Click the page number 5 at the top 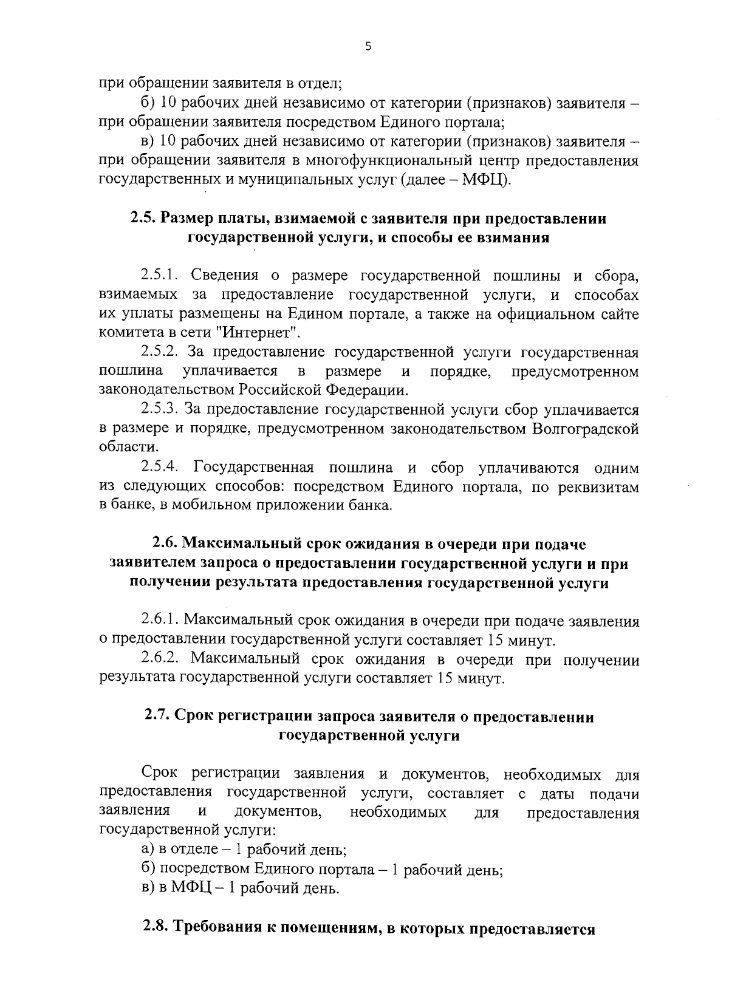368,47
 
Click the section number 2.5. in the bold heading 145,218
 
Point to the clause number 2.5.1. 159,276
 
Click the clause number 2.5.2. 159,352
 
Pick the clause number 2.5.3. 159,409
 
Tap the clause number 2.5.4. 159,468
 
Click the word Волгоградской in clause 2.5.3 585,429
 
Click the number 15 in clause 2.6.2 443,678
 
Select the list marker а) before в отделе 147,850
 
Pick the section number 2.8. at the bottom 157,929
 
